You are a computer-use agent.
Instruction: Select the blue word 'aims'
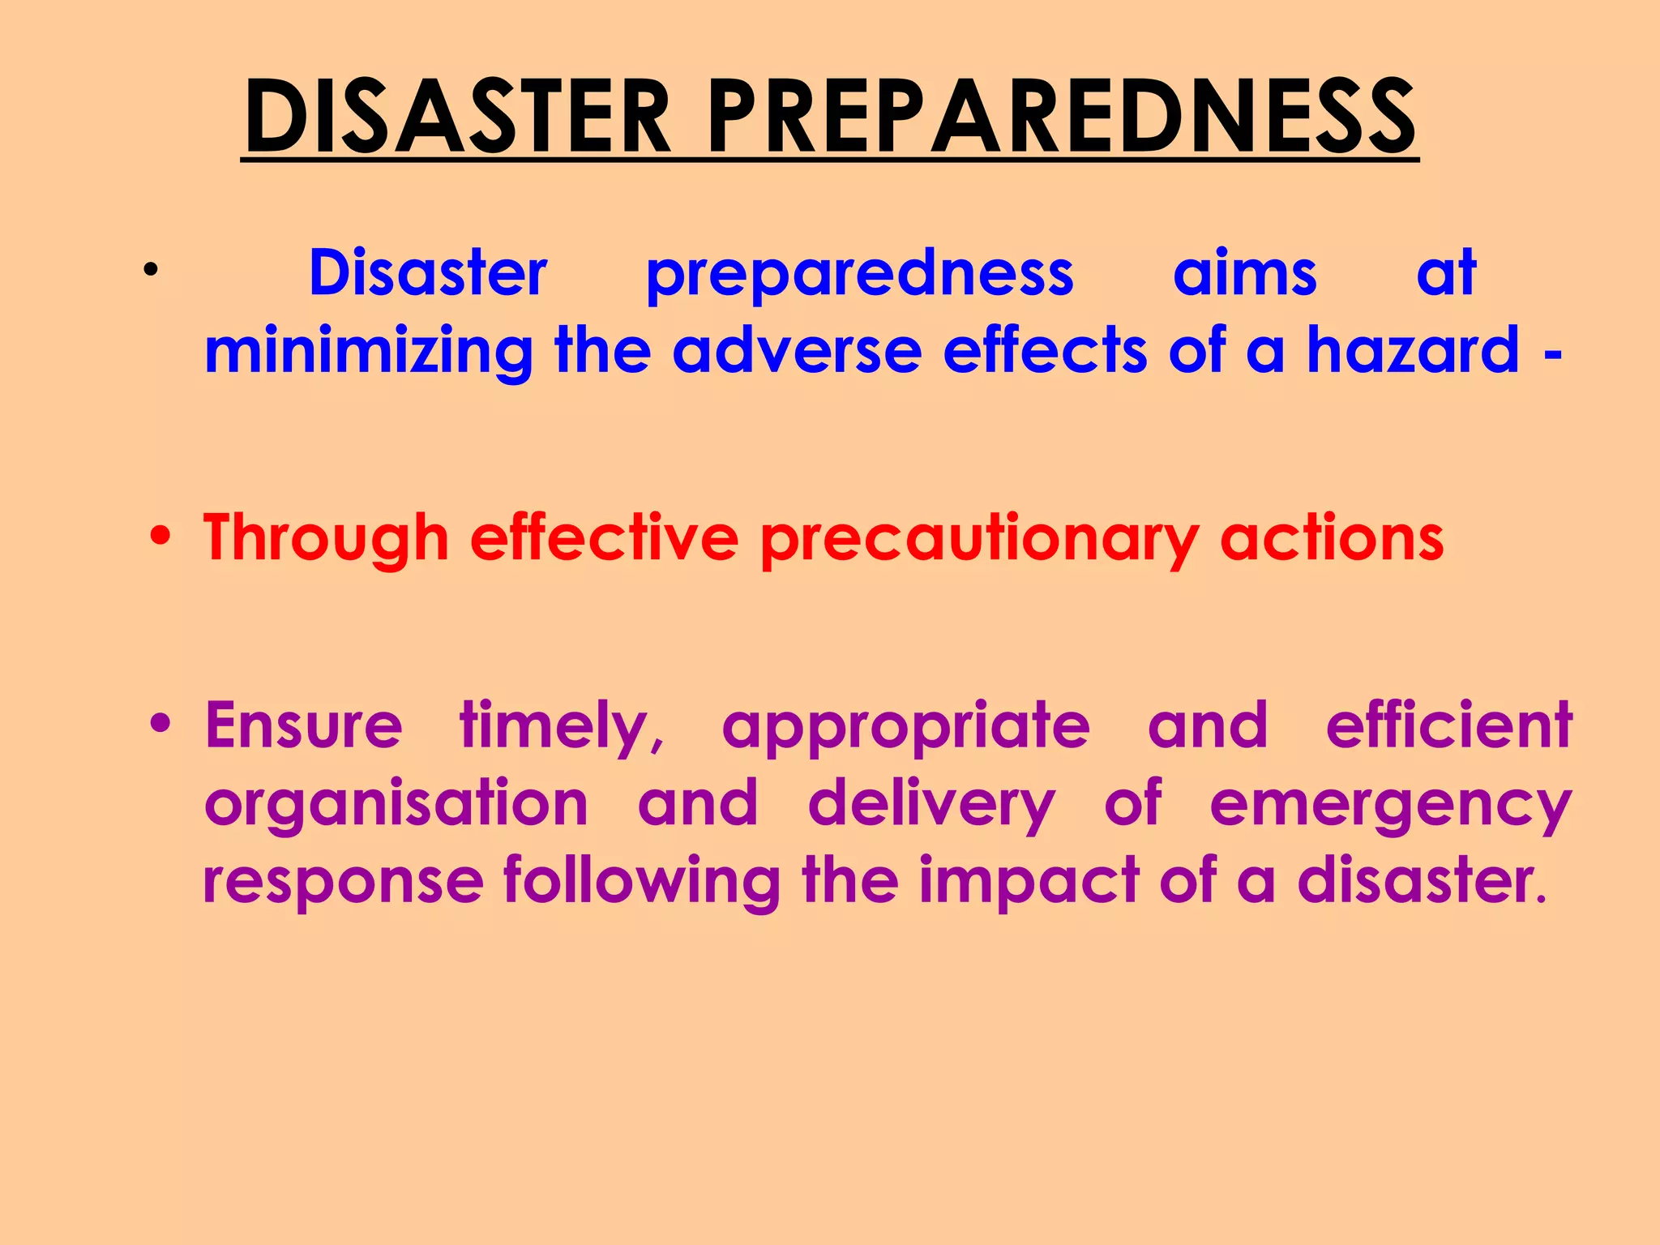1244,273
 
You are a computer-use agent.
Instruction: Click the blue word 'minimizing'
369,351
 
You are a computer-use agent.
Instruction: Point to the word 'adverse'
797,350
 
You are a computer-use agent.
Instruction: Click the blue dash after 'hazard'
1552,354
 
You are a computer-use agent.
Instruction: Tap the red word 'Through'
326,538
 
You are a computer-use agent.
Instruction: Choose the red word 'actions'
1332,538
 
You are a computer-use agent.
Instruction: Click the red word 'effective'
604,538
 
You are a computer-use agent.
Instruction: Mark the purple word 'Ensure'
304,725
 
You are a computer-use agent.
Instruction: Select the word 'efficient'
1449,725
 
